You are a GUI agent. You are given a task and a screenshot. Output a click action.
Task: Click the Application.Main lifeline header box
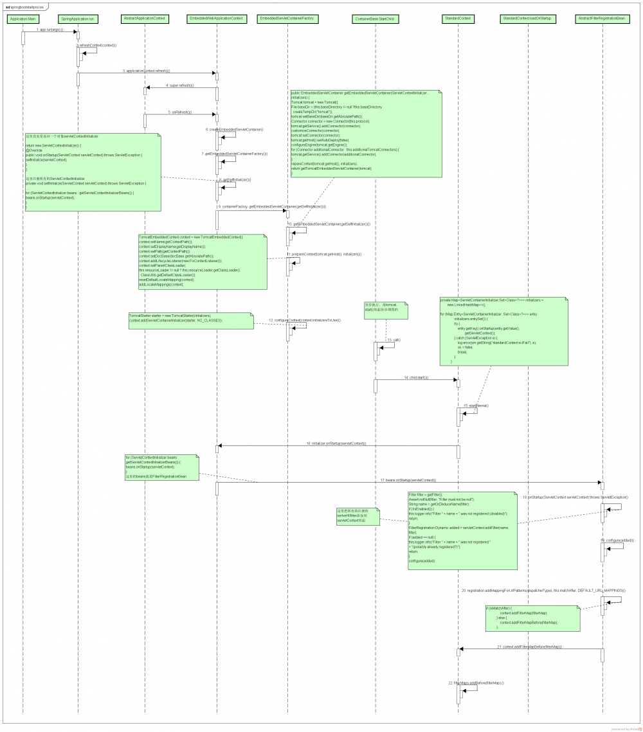[x=23, y=19]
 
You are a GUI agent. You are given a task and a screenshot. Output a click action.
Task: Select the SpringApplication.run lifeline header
[x=77, y=19]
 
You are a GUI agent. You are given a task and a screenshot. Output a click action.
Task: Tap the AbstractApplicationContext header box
[x=144, y=19]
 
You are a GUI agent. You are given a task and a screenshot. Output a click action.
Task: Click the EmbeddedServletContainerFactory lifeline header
[x=286, y=19]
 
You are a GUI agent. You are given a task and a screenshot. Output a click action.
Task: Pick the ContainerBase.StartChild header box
[x=375, y=19]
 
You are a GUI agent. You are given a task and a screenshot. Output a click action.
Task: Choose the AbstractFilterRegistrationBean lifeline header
[x=602, y=19]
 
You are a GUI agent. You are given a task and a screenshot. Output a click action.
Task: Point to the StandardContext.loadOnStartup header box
[x=527, y=19]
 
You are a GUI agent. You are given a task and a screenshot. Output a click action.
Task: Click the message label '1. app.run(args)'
[x=50, y=30]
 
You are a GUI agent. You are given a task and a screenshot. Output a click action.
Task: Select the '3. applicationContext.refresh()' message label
[x=147, y=71]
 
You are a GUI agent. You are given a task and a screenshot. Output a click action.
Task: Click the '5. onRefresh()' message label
[x=179, y=112]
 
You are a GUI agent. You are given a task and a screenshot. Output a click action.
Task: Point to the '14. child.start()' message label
[x=417, y=377]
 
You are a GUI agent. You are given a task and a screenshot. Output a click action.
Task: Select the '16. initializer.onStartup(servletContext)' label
[x=336, y=443]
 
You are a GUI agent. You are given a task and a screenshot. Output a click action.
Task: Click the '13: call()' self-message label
[x=394, y=339]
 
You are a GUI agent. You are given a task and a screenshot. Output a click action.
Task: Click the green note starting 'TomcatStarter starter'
[x=190, y=319]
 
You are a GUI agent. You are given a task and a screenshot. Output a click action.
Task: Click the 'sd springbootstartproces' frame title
[x=26, y=6]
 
